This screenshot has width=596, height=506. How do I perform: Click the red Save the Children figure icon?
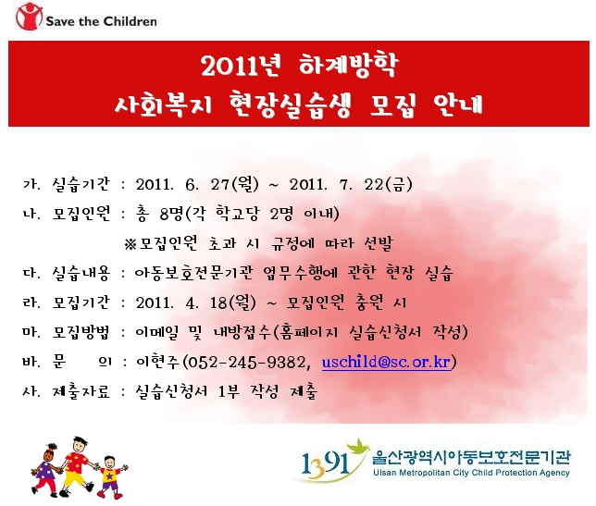[29, 17]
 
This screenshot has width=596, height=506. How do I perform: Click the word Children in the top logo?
[130, 21]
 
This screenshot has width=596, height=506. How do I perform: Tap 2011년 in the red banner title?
[242, 66]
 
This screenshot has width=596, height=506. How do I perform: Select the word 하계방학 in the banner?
[348, 66]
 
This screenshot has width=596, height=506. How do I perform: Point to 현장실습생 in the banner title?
[290, 105]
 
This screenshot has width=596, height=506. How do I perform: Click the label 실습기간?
[81, 184]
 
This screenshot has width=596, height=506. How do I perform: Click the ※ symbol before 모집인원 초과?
[130, 244]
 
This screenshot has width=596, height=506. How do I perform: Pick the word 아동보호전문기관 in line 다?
[193, 273]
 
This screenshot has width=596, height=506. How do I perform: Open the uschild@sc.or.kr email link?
[386, 362]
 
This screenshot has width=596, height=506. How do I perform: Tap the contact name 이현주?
[157, 362]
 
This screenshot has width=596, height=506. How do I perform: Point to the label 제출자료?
[81, 391]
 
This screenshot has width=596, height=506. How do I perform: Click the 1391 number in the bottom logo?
[325, 464]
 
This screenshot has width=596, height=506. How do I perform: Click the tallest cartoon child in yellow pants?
[77, 466]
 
